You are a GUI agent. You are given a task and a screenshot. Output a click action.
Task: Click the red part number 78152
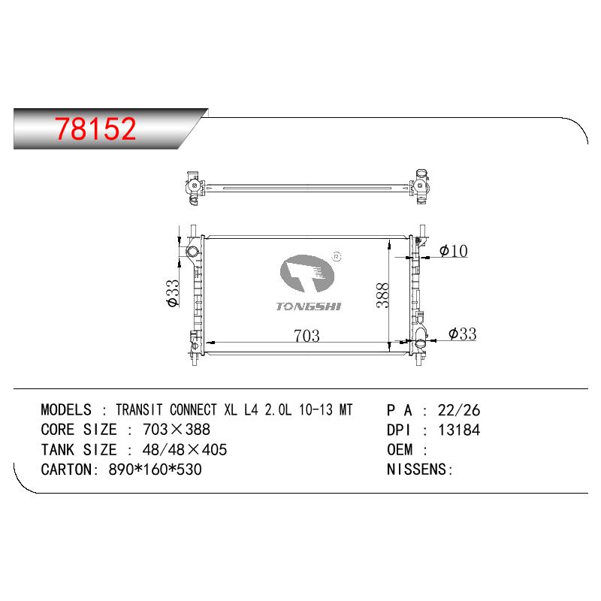pos(95,128)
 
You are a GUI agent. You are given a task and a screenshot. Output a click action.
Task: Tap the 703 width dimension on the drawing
pos(307,336)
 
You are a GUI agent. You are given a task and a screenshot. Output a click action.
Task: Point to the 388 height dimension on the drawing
pos(382,295)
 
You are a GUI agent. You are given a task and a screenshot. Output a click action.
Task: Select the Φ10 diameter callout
pos(454,251)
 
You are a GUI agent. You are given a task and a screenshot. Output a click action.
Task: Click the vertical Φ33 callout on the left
pos(174,293)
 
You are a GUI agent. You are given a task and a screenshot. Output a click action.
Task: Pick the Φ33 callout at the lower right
pos(463,334)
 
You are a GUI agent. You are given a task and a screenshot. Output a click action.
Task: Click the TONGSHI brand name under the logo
pos(309,307)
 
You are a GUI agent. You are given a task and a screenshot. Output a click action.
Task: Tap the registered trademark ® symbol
pos(337,257)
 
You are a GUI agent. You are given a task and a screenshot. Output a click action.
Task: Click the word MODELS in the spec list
pos(66,409)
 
